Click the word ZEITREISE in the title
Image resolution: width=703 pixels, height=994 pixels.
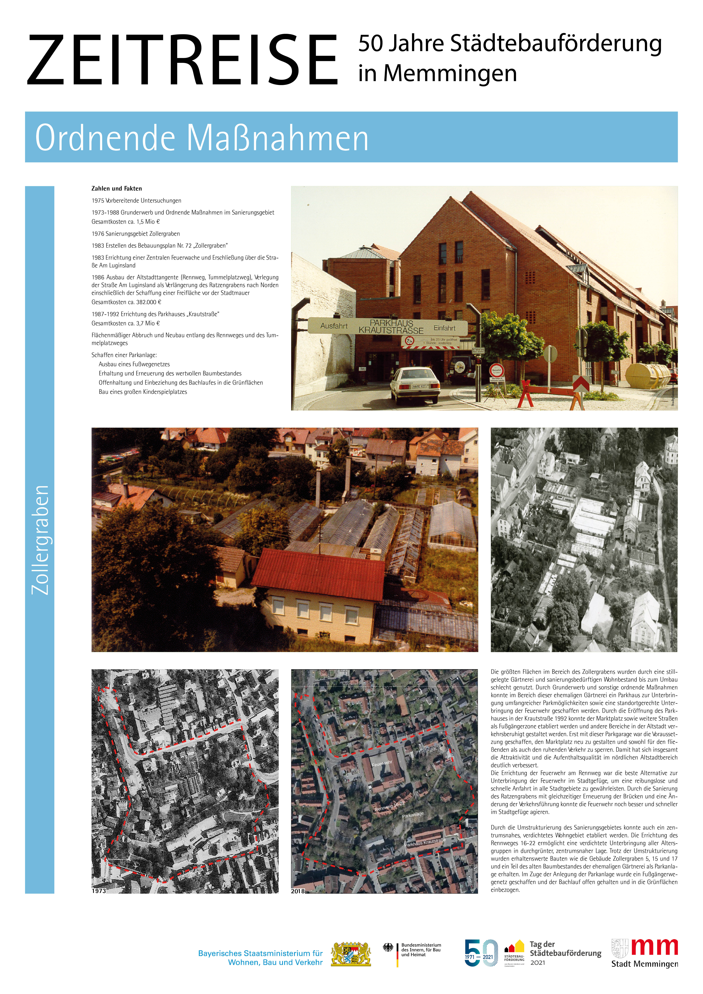(182, 61)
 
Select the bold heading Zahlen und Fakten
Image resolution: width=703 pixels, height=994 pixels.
(116, 188)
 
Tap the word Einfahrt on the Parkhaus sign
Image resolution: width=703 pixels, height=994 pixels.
(445, 328)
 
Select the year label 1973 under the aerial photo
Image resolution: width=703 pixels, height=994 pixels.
(99, 891)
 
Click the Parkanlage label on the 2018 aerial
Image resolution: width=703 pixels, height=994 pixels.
(413, 815)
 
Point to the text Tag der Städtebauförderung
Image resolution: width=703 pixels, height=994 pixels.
(565, 949)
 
